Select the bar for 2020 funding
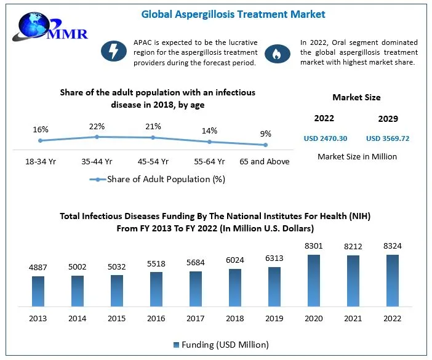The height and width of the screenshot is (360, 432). [313, 280]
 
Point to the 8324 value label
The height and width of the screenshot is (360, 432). [392, 246]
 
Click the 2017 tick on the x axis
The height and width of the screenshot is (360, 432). [196, 318]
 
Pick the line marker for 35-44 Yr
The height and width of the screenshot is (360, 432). [97, 137]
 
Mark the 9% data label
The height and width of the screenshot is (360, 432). [265, 134]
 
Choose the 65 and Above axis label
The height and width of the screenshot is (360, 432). [265, 162]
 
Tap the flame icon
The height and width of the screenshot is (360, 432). [278, 54]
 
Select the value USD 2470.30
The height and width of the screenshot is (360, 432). [326, 138]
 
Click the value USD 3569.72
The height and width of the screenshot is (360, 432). [388, 138]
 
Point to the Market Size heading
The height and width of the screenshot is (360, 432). [356, 97]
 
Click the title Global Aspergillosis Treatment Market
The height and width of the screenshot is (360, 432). [233, 14]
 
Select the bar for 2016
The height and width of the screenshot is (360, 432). [156, 289]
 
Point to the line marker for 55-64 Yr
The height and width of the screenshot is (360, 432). [209, 142]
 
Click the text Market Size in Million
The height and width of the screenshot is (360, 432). [357, 156]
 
